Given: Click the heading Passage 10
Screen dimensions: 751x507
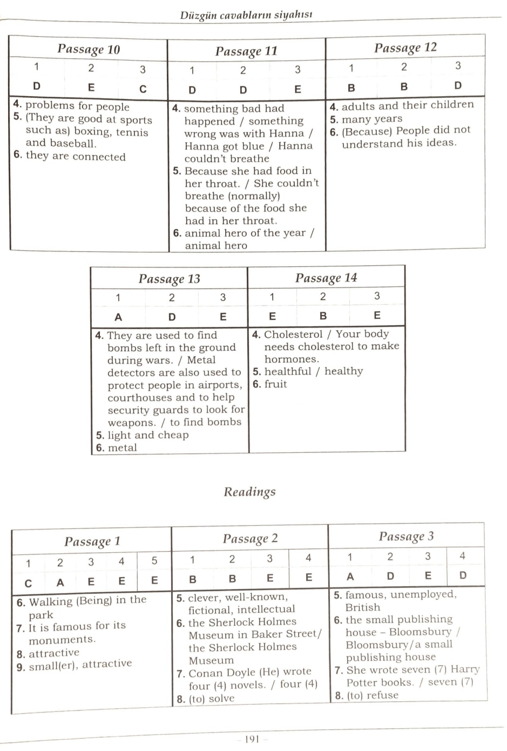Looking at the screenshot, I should point(89,50).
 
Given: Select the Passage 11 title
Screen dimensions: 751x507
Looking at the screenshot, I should point(246,51).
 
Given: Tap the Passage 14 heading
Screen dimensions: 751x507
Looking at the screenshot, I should point(326,278).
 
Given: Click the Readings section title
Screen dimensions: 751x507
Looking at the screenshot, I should point(249,492).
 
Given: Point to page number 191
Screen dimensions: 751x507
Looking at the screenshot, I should point(253,739).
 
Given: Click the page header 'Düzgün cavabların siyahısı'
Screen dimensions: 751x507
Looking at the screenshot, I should point(246,15).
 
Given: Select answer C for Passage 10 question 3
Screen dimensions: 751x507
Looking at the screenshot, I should point(143,89).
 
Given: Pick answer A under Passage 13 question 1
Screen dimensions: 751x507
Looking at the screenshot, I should point(118,317).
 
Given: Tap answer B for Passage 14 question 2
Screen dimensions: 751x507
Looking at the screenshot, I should point(323,316).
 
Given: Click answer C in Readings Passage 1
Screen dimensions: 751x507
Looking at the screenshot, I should point(28,583).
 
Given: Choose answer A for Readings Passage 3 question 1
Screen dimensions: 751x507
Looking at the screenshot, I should point(350,576).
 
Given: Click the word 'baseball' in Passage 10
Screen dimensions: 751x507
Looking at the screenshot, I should point(75,144).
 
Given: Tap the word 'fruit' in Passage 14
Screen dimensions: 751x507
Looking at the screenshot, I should point(275,384).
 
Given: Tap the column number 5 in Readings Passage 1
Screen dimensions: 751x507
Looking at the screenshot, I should point(154,561).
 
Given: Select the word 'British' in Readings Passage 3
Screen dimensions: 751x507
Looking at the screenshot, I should point(363,607).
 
